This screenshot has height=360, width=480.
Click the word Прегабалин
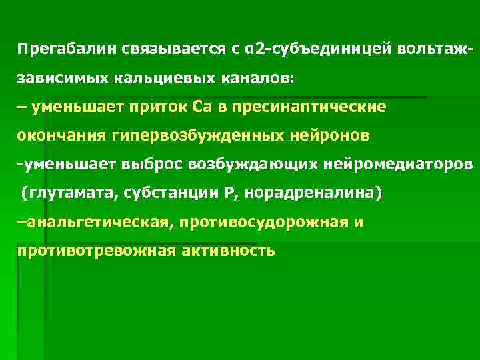(59, 49)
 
